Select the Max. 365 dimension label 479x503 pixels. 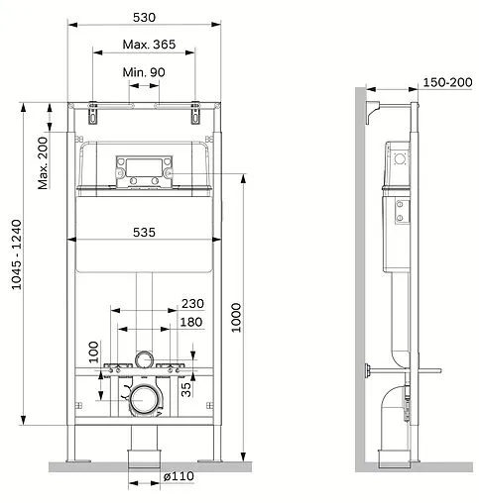pyautogui.click(x=145, y=46)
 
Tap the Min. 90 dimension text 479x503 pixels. pyautogui.click(x=145, y=72)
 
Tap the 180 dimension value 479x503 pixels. pyautogui.click(x=191, y=322)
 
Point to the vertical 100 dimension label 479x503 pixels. pyautogui.click(x=93, y=352)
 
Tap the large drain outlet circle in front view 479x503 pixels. pyautogui.click(x=145, y=400)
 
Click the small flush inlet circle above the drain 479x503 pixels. pyautogui.click(x=145, y=358)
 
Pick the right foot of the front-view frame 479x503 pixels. pyautogui.click(x=214, y=453)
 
